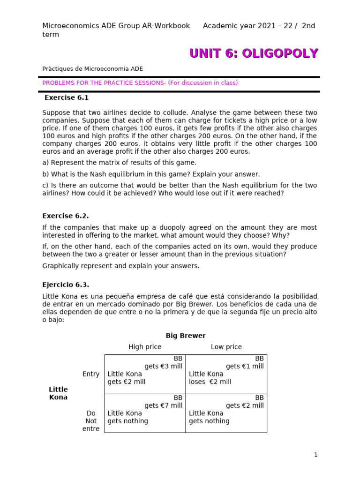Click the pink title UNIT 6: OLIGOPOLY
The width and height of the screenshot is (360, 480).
254,53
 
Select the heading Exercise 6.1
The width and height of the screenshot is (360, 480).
67,98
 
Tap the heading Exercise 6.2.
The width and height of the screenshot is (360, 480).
65,216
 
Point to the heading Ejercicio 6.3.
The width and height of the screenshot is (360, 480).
66,285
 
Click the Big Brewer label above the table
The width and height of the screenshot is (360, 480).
186,336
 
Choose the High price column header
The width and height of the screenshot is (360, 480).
145,347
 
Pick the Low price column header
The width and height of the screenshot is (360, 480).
226,347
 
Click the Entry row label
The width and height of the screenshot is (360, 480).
91,374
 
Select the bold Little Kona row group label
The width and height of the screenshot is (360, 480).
58,393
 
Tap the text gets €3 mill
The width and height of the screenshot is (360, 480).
164,366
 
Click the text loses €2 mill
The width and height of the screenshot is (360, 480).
210,382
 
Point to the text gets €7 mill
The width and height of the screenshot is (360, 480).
164,405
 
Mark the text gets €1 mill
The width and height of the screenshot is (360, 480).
245,366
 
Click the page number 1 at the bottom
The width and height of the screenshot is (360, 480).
315,455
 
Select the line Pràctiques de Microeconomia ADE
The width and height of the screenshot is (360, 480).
93,69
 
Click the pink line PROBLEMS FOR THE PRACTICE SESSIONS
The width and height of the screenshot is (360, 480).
140,83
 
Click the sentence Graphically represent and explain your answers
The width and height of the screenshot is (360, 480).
121,266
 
